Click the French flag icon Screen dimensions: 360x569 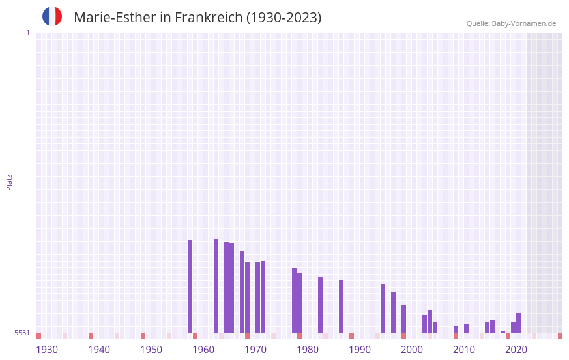pyautogui.click(x=52, y=16)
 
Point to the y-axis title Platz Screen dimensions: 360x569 pyautogui.click(x=9, y=182)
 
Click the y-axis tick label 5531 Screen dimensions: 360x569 pyautogui.click(x=22, y=333)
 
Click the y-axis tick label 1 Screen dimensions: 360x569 pyautogui.click(x=27, y=33)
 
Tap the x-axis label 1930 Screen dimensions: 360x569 pyautogui.click(x=47, y=350)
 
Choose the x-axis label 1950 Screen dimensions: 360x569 pyautogui.click(x=151, y=350)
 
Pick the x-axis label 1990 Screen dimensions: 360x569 pyautogui.click(x=360, y=350)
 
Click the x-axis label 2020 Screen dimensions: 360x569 pyautogui.click(x=516, y=350)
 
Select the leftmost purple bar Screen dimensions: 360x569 pyautogui.click(x=190, y=286)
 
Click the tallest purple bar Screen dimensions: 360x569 pyautogui.click(x=216, y=286)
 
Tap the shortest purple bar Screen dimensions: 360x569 pyautogui.click(x=503, y=331)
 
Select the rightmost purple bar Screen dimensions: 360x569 pyautogui.click(x=518, y=323)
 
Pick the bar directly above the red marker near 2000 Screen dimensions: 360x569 pyautogui.click(x=403, y=319)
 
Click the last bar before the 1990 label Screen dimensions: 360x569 pyautogui.click(x=341, y=307)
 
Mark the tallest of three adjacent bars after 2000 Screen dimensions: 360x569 pyautogui.click(x=430, y=321)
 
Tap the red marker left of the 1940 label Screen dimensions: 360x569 pyautogui.click(x=91, y=336)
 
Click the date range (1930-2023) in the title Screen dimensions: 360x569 pyautogui.click(x=284, y=18)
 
